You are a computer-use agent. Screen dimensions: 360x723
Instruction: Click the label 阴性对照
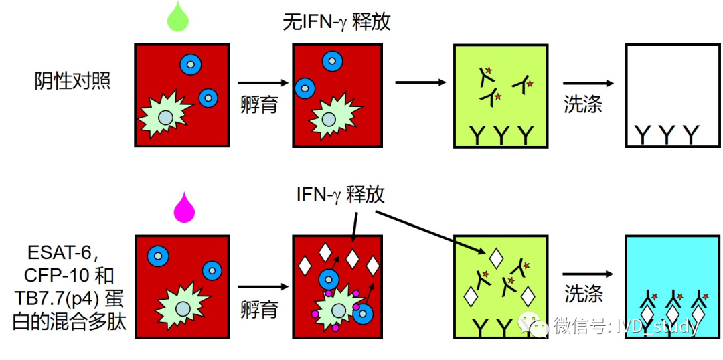tap(72, 82)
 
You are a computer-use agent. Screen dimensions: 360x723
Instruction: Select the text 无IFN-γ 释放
tap(337, 22)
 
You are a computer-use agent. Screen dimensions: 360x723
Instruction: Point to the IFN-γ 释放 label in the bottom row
tap(341, 195)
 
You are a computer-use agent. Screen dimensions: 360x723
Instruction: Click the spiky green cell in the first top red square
tap(165, 116)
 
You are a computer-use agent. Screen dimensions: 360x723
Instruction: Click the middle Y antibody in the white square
tap(666, 135)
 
